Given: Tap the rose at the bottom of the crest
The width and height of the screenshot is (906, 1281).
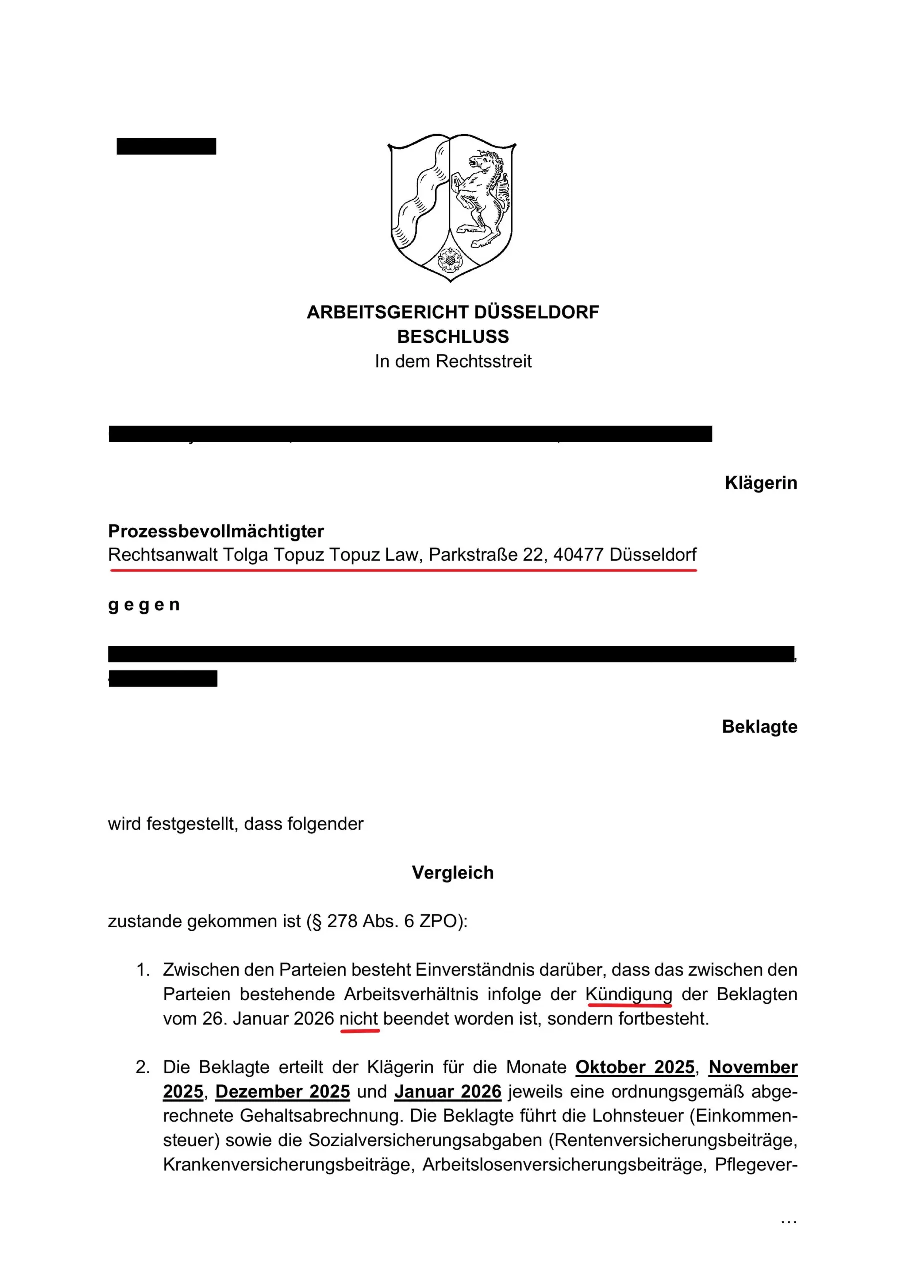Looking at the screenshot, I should pos(448,259).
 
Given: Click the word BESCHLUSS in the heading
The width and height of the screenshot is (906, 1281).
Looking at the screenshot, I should pos(453,337).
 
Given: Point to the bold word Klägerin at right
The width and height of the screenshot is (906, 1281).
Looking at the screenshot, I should pos(761,483).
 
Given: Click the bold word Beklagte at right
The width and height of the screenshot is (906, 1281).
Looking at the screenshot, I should pos(759,727).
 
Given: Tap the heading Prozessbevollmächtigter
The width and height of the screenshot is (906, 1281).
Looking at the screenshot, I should pos(216,532).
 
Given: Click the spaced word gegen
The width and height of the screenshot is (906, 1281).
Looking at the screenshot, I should pos(144,605).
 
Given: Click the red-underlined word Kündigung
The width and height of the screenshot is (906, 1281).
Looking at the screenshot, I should pos(629,994).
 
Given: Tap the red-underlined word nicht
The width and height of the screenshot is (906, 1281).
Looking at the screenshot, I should pos(359,1019).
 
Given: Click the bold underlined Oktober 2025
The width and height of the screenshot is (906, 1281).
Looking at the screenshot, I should pos(635,1067).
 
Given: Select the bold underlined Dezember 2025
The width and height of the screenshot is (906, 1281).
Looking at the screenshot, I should pos(283,1092).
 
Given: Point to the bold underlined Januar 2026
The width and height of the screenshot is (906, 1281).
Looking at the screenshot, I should pos(448,1092).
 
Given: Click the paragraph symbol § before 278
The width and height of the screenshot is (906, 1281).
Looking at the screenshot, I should pos(316,921).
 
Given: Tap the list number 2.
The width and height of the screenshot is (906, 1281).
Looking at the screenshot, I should pos(142,1067).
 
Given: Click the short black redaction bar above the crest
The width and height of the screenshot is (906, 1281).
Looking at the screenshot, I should pos(166,146).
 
